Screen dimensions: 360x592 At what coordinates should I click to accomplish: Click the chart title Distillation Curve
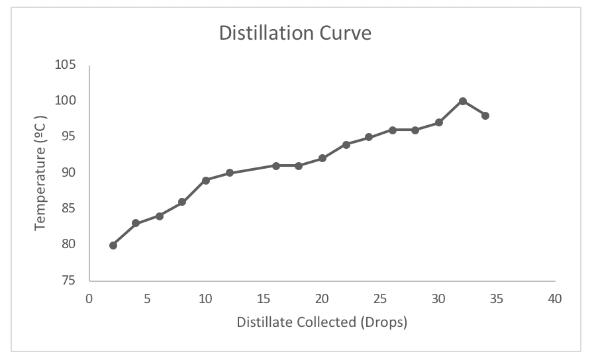pyautogui.click(x=295, y=33)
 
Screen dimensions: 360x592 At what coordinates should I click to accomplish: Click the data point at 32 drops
pyautogui.click(x=463, y=101)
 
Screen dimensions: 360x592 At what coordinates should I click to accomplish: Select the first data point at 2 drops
pyautogui.click(x=113, y=246)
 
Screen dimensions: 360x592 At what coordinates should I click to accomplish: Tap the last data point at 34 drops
pyautogui.click(x=485, y=116)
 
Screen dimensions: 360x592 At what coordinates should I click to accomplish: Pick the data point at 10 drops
pyautogui.click(x=206, y=180)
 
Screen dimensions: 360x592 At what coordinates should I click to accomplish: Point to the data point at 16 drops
pyautogui.click(x=276, y=165)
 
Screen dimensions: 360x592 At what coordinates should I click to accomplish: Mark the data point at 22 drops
pyautogui.click(x=346, y=144)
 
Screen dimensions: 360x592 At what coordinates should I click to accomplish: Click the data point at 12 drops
pyautogui.click(x=230, y=173)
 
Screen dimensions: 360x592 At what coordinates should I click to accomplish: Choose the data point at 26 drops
pyautogui.click(x=393, y=130)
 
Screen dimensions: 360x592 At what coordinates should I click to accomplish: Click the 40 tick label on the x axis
pyautogui.click(x=555, y=299)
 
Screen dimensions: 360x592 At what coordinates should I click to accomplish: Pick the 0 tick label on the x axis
pyautogui.click(x=89, y=299)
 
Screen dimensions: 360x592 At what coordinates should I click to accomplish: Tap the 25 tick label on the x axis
pyautogui.click(x=380, y=299)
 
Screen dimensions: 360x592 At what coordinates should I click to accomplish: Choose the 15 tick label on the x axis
pyautogui.click(x=264, y=299)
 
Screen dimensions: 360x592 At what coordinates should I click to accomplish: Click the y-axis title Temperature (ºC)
pyautogui.click(x=41, y=173)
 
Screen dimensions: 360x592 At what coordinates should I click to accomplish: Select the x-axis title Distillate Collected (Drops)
pyautogui.click(x=322, y=323)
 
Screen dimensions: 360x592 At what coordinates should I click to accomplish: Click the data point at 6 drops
pyautogui.click(x=160, y=216)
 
